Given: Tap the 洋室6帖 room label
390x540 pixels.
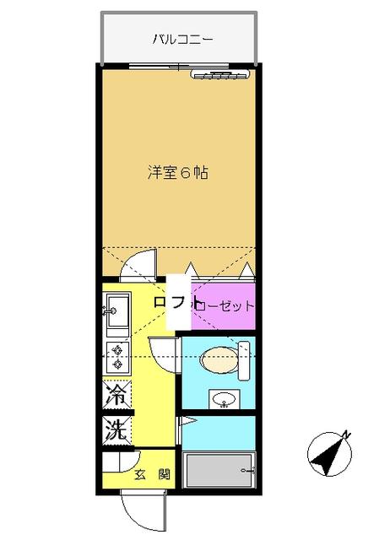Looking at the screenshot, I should [x=178, y=172].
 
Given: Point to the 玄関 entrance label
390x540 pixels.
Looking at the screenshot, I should [x=152, y=475].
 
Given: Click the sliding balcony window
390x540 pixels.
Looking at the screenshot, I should [x=178, y=66].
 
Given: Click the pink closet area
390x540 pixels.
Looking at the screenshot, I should [x=224, y=305].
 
